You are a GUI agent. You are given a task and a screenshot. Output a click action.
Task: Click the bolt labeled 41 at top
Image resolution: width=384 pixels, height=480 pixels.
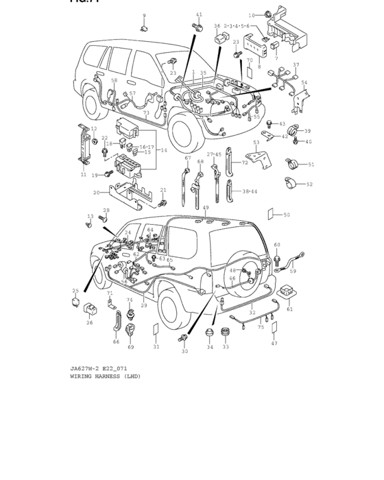(197, 27)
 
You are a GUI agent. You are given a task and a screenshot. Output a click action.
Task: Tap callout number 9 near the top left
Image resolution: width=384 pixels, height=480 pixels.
(144, 16)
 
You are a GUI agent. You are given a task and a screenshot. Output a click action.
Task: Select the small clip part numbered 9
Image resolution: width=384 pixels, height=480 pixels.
(145, 29)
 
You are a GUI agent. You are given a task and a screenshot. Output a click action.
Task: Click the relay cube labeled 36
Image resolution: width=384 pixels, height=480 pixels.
(219, 38)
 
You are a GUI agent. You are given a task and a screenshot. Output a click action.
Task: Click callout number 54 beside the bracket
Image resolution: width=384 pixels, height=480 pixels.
(304, 83)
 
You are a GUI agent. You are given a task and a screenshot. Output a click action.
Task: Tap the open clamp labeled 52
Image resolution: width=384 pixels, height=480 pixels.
(293, 184)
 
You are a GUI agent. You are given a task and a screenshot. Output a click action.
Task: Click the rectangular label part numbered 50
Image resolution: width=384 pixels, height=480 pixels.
(272, 215)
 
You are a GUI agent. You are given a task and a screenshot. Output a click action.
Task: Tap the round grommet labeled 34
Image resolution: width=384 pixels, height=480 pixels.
(211, 334)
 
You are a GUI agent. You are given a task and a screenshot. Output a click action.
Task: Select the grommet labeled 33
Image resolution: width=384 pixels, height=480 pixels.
(225, 335)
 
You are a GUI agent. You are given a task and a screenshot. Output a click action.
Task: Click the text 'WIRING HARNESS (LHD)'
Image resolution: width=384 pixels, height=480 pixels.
(105, 376)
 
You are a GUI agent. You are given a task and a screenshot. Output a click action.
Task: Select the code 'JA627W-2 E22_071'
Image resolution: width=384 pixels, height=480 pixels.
(98, 369)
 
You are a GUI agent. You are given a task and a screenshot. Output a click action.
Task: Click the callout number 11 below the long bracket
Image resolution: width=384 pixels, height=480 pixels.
(83, 175)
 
